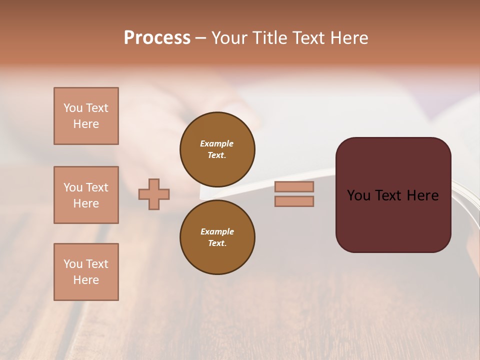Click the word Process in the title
[157, 37]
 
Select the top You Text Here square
[86, 116]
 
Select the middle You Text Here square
[86, 195]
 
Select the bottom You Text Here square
[86, 272]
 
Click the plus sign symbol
[154, 194]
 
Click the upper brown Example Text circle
[217, 149]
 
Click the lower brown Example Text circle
[217, 237]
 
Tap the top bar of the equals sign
[294, 187]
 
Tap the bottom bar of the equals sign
[294, 201]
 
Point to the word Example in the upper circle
[217, 143]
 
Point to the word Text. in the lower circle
[217, 243]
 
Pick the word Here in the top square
[86, 124]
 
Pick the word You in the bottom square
[73, 264]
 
